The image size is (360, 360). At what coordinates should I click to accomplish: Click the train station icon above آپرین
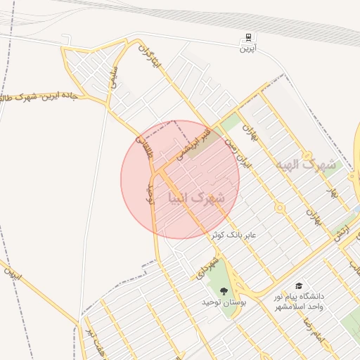[247, 37]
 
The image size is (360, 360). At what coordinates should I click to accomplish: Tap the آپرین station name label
[247, 49]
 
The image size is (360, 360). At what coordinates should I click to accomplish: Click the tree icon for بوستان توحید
[224, 290]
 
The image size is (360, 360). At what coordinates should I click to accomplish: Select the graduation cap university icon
[300, 285]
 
